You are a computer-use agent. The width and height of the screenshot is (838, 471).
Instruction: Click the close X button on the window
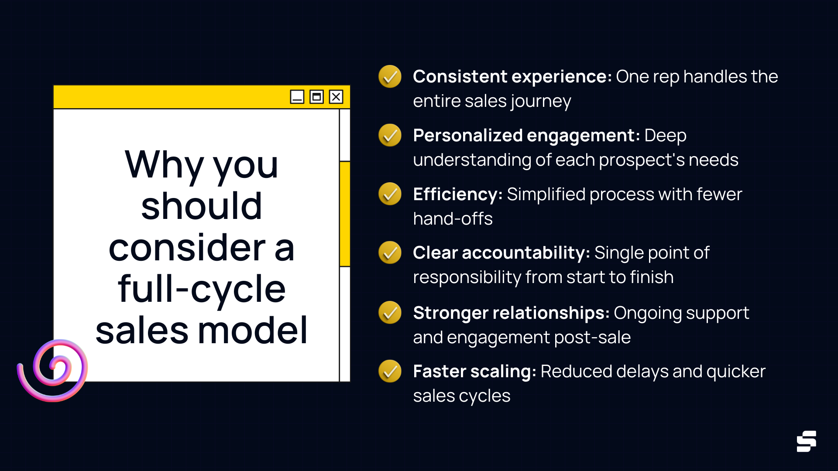click(336, 97)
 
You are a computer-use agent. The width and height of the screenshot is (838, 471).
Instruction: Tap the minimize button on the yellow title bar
click(297, 97)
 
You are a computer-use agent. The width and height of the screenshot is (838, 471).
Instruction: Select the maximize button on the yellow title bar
click(316, 97)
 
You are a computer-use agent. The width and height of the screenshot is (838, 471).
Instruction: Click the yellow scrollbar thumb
click(345, 214)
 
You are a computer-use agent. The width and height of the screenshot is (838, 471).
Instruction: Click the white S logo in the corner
click(806, 441)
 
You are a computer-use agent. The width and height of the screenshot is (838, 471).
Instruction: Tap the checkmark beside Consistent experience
click(390, 77)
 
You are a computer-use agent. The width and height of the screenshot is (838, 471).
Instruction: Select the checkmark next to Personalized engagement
click(390, 136)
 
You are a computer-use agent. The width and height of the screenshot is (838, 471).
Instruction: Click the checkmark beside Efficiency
click(390, 194)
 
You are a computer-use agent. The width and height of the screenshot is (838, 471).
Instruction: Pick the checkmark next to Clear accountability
click(390, 253)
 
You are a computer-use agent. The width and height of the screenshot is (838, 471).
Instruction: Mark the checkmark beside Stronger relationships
click(390, 313)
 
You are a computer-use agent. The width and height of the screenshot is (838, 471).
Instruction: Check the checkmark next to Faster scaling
click(390, 372)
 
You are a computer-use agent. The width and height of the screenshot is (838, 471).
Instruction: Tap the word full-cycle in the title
click(202, 289)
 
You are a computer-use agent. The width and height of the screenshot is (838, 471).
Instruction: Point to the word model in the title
click(253, 330)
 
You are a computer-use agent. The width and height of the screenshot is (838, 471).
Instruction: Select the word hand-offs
click(453, 219)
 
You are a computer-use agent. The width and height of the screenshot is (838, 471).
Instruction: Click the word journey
click(541, 102)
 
